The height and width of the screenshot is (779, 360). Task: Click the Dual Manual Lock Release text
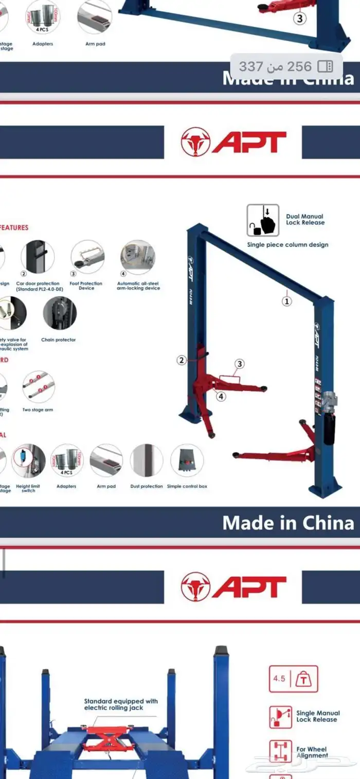(x=305, y=220)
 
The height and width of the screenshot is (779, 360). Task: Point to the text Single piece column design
(x=287, y=245)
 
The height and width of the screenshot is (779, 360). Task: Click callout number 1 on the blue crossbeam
(x=287, y=301)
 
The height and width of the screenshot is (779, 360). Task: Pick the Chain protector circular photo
(x=60, y=313)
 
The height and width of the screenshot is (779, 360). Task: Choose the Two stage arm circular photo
(x=38, y=387)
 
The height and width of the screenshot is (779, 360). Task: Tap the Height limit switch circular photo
(x=29, y=461)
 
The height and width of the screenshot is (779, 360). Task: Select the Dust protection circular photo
(x=146, y=461)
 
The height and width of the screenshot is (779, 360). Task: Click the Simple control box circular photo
(x=187, y=461)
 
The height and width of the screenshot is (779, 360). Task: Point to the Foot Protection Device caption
(x=86, y=286)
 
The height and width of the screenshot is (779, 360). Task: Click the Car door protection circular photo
(x=38, y=257)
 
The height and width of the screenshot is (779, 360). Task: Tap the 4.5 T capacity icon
(x=294, y=679)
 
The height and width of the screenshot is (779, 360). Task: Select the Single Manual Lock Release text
(x=318, y=716)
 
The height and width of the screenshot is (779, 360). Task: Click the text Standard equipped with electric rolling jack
(x=121, y=704)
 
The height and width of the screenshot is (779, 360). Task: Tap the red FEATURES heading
(x=14, y=227)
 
